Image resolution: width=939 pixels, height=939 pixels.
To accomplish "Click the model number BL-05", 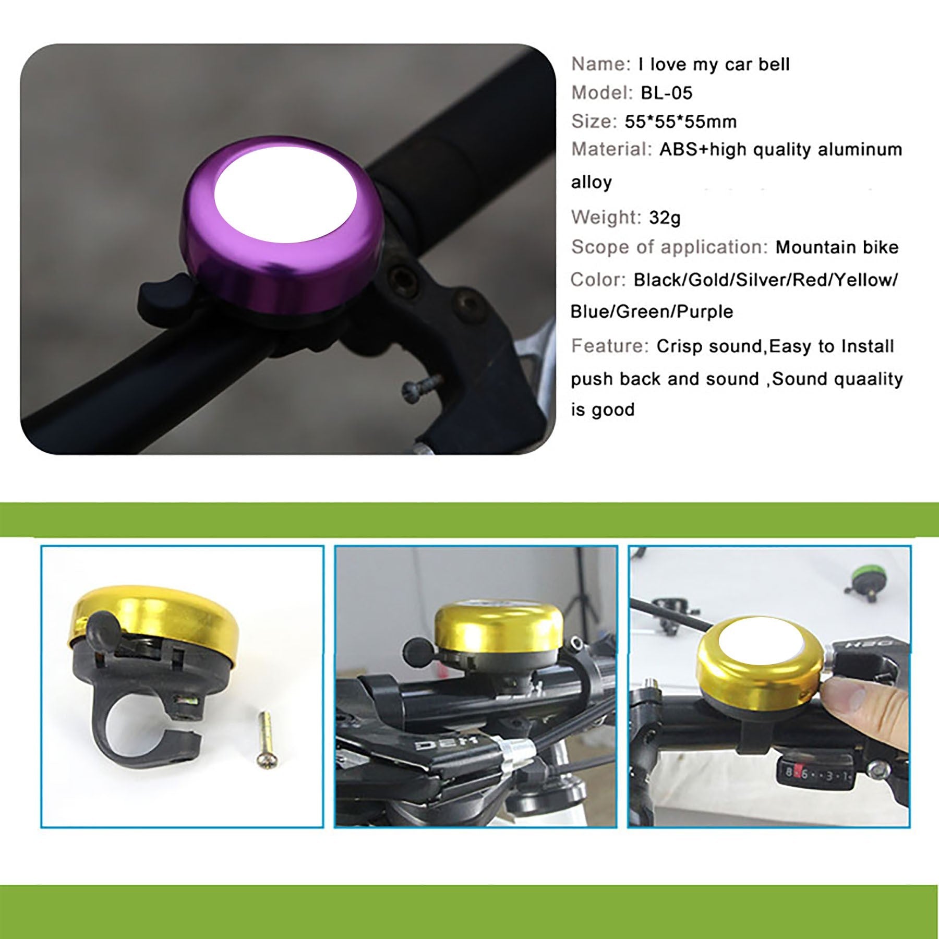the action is [x=666, y=93].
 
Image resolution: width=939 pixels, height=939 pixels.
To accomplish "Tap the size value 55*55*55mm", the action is [x=681, y=122].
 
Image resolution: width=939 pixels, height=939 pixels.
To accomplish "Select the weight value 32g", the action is [x=665, y=217].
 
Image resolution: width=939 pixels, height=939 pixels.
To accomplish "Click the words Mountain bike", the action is [x=837, y=247].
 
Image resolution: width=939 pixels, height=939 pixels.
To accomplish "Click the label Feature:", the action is [x=610, y=345].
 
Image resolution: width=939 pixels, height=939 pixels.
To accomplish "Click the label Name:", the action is [x=601, y=64].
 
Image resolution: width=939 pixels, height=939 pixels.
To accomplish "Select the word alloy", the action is [x=591, y=182].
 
